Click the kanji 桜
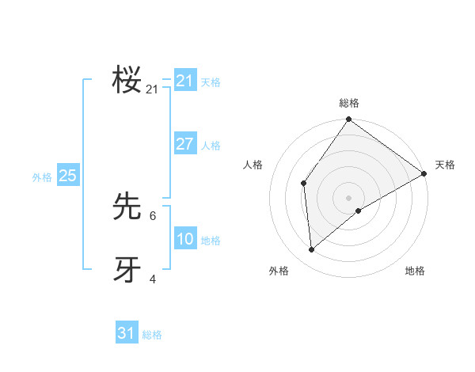point(127,80)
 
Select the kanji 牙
point(127,270)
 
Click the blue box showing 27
point(184,144)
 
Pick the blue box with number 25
point(67,176)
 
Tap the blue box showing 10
point(184,239)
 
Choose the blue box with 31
point(126,333)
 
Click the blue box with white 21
point(184,81)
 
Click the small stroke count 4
point(152,279)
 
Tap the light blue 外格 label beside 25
point(42,177)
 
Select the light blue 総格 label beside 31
point(152,335)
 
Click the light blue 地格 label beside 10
point(211,241)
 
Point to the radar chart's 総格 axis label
point(348,104)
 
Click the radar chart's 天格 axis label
point(445,165)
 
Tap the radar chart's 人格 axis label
point(253,165)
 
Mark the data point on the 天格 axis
point(424,173)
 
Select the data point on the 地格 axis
point(359,211)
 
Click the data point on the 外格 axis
point(312,249)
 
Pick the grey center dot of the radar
point(348,198)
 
